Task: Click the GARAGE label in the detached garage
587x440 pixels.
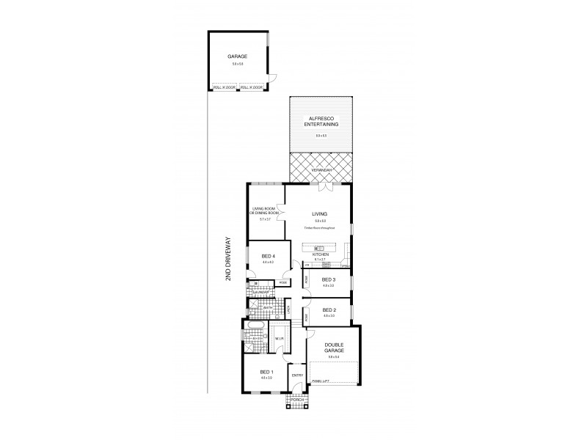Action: click(x=237, y=56)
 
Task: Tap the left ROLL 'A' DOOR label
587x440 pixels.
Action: click(x=224, y=87)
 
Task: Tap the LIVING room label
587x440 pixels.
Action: click(x=319, y=213)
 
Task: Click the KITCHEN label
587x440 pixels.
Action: click(x=320, y=254)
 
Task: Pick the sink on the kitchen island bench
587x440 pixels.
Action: click(x=320, y=248)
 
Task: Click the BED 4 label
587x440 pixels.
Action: click(x=268, y=256)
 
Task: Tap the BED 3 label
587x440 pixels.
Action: click(x=328, y=280)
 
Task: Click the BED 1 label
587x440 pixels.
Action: click(x=266, y=372)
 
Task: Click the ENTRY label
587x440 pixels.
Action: click(x=297, y=375)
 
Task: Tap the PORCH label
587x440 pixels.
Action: click(x=297, y=400)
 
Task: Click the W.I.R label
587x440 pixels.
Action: click(x=280, y=339)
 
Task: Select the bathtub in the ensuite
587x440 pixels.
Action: click(x=256, y=325)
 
